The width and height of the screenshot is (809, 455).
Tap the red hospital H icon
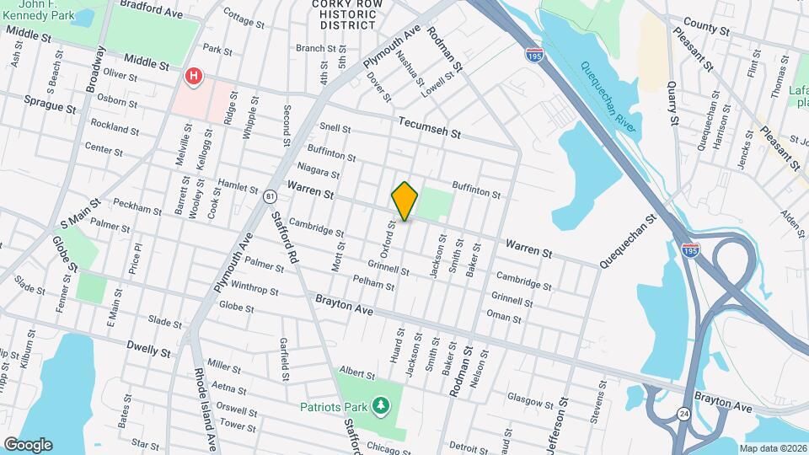click(194, 78)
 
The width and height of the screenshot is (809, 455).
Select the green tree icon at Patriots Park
click(381, 407)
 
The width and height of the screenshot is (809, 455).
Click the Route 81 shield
click(269, 196)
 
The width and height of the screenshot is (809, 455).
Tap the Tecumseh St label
click(431, 126)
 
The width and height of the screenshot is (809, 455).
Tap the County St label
click(706, 27)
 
